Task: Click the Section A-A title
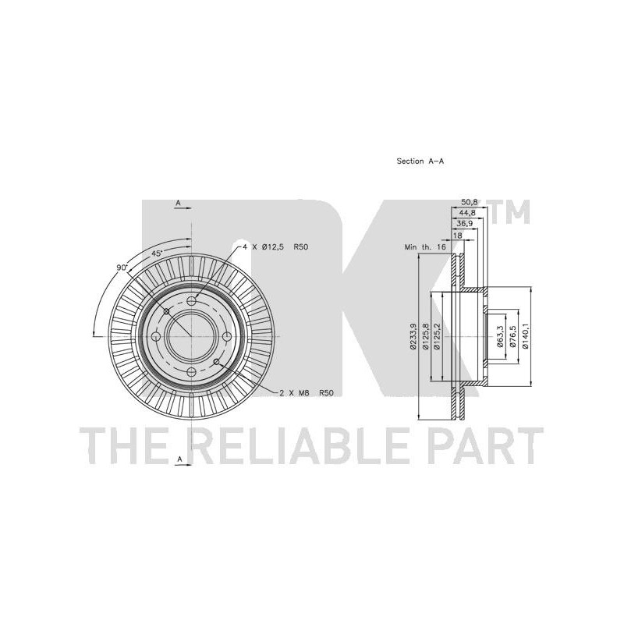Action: (x=420, y=161)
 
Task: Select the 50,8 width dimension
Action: (x=469, y=203)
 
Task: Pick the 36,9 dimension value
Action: (x=464, y=224)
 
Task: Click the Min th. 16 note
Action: (x=425, y=247)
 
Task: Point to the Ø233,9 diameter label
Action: (x=413, y=337)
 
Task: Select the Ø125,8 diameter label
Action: (x=426, y=337)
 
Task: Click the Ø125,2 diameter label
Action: (x=438, y=337)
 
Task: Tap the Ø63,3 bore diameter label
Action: (x=500, y=337)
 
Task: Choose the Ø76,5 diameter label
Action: (x=513, y=337)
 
